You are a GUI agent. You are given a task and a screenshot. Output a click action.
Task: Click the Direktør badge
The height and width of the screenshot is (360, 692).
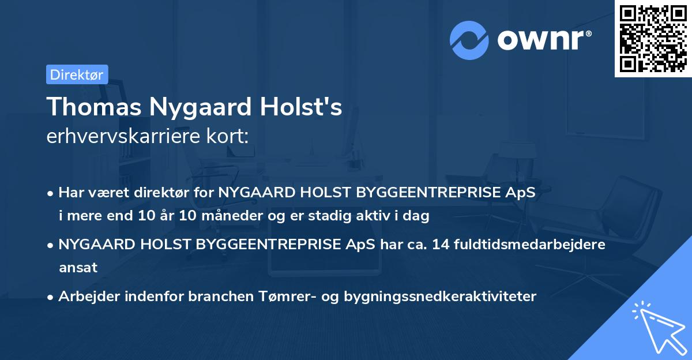[77, 74]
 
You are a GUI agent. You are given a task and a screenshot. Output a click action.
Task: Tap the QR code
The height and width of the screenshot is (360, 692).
[653, 38]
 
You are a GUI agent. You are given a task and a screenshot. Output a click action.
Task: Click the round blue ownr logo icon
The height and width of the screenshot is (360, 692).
[469, 40]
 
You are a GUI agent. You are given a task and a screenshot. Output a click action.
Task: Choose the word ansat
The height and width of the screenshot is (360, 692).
[78, 267]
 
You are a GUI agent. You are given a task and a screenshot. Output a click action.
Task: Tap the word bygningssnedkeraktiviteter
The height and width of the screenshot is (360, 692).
[440, 297]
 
